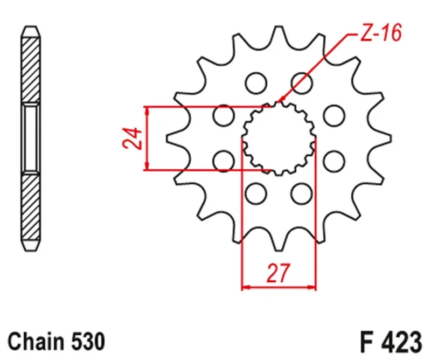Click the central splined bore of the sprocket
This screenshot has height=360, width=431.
(279, 139)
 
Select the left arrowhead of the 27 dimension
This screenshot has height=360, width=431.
(245, 286)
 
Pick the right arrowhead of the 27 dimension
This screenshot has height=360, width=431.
(312, 286)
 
